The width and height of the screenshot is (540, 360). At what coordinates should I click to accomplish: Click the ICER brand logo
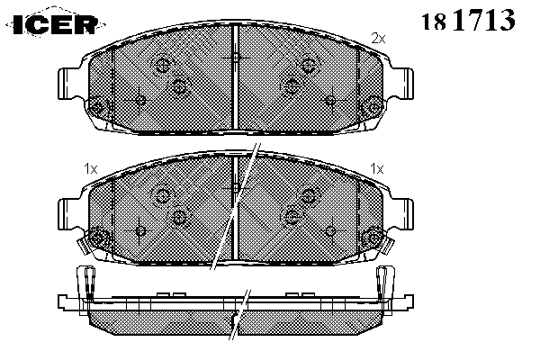pyautogui.click(x=56, y=24)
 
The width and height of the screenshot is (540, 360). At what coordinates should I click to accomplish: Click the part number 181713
pyautogui.click(x=468, y=20)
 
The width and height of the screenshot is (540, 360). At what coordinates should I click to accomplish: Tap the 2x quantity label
pyautogui.click(x=378, y=38)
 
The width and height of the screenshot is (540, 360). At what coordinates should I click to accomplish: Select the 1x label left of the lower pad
pyautogui.click(x=91, y=169)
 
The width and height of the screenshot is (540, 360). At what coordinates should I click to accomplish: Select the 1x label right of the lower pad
pyautogui.click(x=377, y=169)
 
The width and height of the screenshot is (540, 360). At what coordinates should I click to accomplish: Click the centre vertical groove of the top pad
pyautogui.click(x=236, y=76)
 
